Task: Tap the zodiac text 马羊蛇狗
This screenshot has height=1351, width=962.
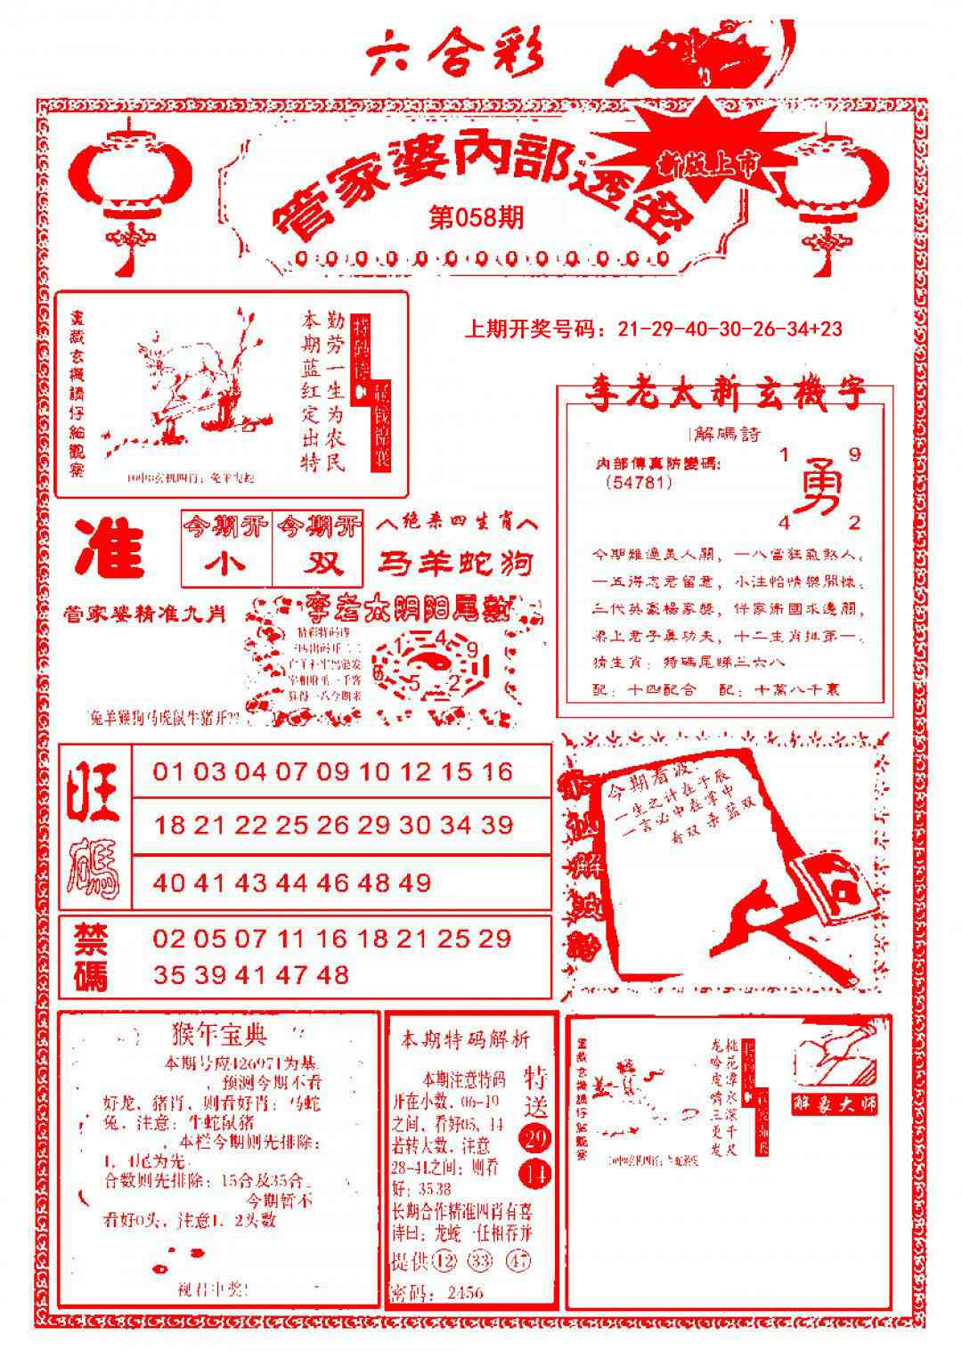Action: coord(456,563)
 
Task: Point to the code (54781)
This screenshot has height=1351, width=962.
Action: coord(640,482)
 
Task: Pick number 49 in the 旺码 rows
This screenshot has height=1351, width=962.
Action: coord(416,883)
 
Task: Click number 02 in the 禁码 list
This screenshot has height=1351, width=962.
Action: coord(167,938)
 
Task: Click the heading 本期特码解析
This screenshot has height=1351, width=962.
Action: coord(465,1038)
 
